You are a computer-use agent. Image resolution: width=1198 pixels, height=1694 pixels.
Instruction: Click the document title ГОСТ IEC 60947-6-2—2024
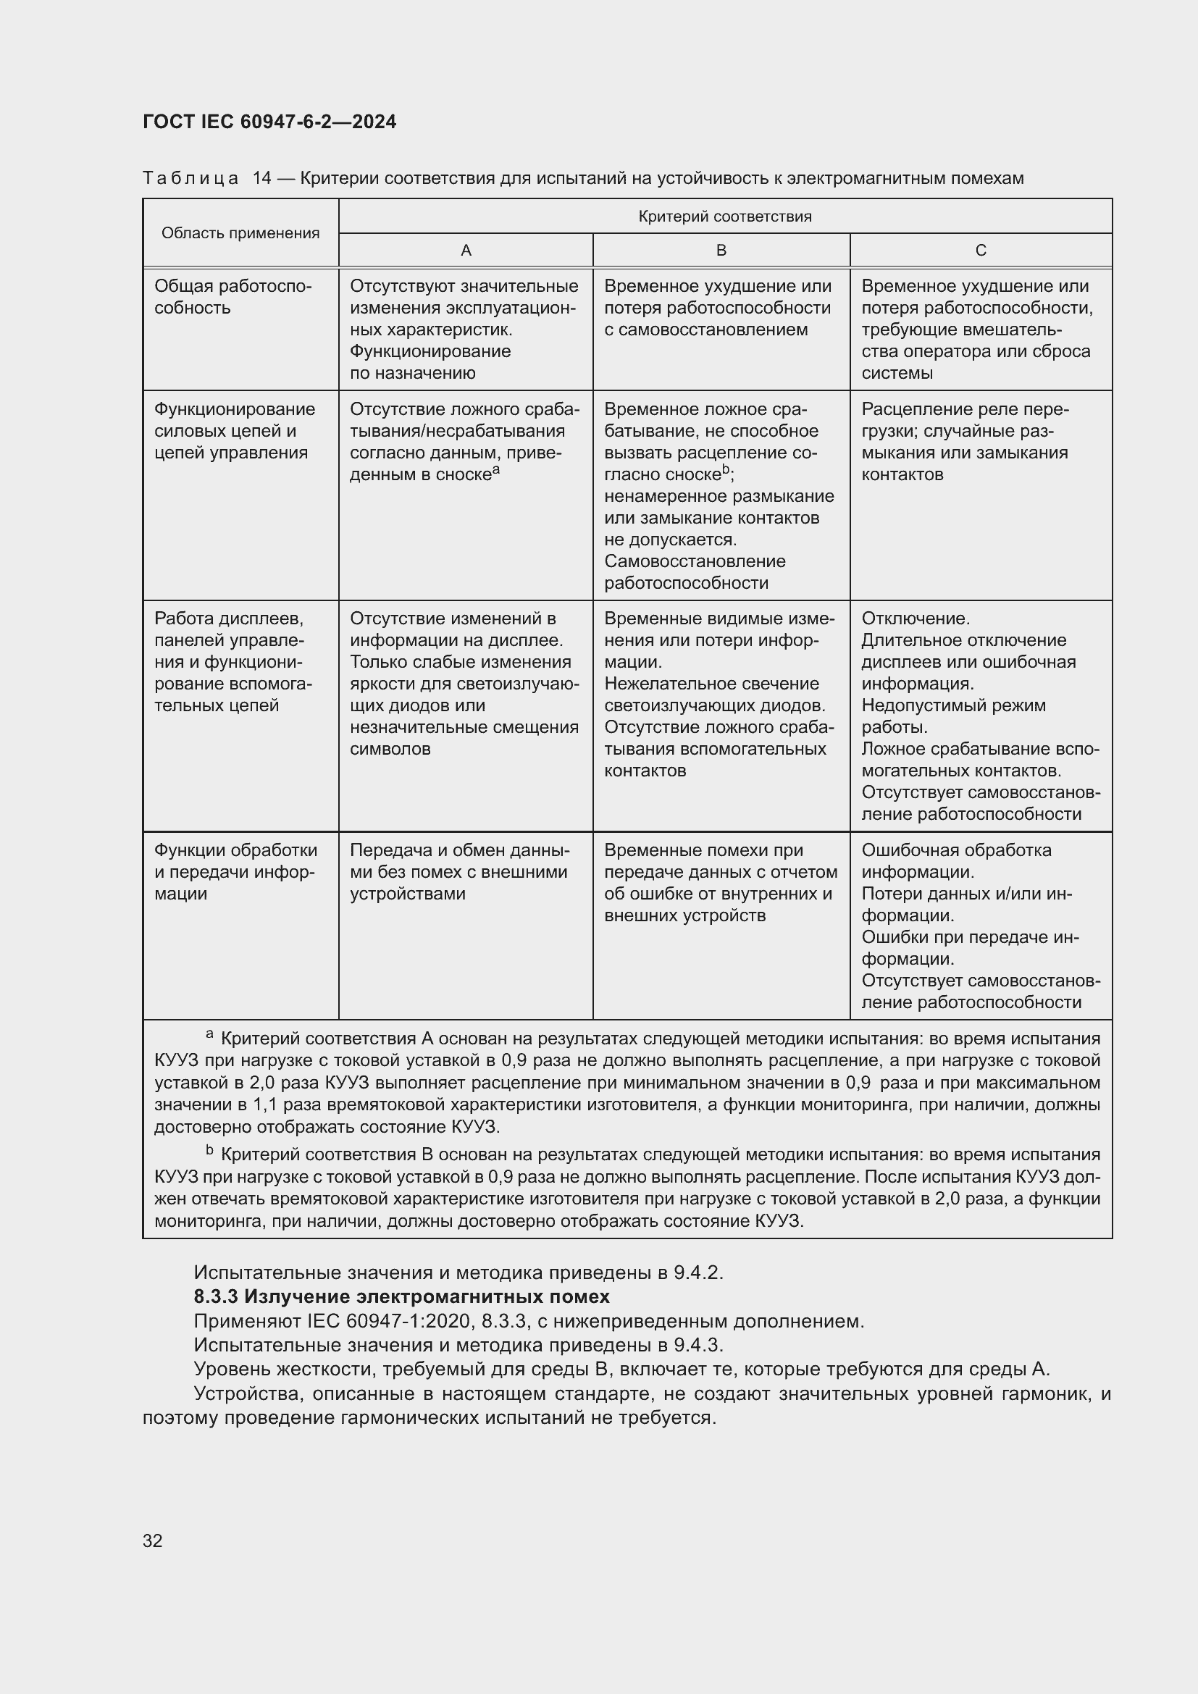(269, 122)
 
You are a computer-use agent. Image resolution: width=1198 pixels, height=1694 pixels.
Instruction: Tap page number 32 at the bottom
(153, 1540)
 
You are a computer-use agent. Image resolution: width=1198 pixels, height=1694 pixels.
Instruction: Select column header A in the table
(466, 250)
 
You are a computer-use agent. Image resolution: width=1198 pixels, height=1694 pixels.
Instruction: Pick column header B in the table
(721, 250)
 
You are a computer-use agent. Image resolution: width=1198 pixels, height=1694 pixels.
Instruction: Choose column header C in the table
(981, 250)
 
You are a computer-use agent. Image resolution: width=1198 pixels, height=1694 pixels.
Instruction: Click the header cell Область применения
(240, 233)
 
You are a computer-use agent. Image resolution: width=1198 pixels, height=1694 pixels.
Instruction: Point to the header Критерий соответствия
(724, 216)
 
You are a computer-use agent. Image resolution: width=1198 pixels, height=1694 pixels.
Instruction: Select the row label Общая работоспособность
(233, 297)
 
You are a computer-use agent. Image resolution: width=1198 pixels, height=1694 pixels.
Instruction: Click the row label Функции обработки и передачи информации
(235, 871)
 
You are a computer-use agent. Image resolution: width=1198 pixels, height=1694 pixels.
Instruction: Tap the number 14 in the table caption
(262, 178)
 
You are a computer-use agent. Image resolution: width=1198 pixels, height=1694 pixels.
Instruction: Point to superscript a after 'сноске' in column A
(496, 469)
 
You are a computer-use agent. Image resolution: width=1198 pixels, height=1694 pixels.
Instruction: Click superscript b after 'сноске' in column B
(726, 469)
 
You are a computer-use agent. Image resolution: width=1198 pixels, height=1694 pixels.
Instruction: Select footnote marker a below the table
(209, 1035)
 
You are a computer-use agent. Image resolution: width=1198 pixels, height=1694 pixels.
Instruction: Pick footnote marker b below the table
(209, 1150)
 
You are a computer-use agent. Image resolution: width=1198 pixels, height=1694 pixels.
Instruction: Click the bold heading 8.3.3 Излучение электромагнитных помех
(401, 1296)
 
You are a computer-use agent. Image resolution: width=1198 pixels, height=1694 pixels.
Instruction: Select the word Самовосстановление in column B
(695, 561)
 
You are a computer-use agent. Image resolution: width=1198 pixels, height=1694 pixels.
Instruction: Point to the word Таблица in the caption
(190, 178)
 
